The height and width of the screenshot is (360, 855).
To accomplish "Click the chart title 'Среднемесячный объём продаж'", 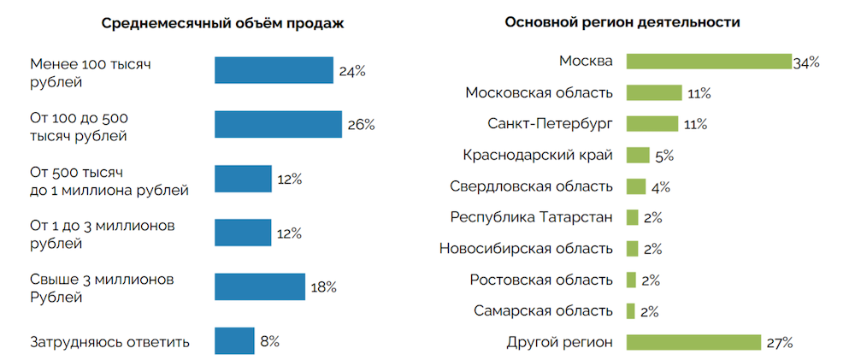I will pos(222,23).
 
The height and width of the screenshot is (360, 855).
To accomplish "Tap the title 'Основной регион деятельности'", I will pos(622,23).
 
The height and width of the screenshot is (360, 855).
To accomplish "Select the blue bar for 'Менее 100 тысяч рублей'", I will pos(274,70).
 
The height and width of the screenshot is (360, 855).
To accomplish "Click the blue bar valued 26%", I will pos(278,124).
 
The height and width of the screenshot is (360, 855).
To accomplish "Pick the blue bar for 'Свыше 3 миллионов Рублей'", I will pos(260,286).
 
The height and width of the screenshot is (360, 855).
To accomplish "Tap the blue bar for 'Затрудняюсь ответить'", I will pos(234,341).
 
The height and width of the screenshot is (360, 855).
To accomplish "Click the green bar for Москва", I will pos(709,62).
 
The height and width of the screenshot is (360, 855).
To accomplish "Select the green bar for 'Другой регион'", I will pos(693,342).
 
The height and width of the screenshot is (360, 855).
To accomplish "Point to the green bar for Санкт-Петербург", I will pos(652,124).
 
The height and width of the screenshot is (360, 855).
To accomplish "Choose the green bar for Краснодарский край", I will pos(638,155).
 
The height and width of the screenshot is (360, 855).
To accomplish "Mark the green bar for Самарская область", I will pos(631,310).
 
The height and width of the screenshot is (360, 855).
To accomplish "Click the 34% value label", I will pos(806,62).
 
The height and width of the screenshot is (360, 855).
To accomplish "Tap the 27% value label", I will pos(780,343).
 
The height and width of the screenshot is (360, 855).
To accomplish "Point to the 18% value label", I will pos(323,287).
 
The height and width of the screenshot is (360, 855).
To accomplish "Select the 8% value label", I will pos(269,341).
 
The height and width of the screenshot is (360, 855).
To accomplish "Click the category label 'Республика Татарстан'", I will pos(532,217).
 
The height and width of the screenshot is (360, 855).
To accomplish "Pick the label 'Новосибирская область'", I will pos(526,249).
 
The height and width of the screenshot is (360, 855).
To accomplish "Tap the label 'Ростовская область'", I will pos(541,280).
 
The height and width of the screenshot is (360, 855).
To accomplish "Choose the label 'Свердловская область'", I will pos(532,186).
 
